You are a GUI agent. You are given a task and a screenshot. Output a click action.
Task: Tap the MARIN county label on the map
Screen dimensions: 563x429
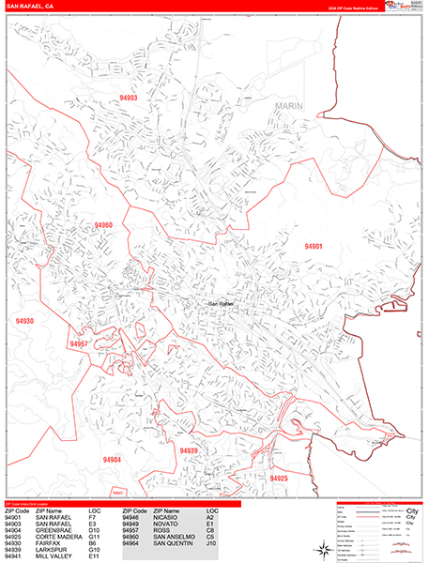[x=291, y=107]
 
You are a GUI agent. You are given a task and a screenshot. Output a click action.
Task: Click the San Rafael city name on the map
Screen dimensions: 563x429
[x=221, y=303]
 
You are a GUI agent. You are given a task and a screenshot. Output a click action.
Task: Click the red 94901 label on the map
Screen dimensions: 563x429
[x=314, y=246]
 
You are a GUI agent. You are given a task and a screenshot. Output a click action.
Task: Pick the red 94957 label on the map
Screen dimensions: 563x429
[x=79, y=344]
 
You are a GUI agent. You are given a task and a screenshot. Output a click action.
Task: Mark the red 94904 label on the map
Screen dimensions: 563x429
[x=113, y=459]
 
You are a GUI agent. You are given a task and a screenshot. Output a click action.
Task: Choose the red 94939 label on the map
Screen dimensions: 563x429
[x=190, y=450]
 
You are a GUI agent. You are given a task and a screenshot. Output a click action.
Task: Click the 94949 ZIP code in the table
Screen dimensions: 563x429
[x=133, y=522]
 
